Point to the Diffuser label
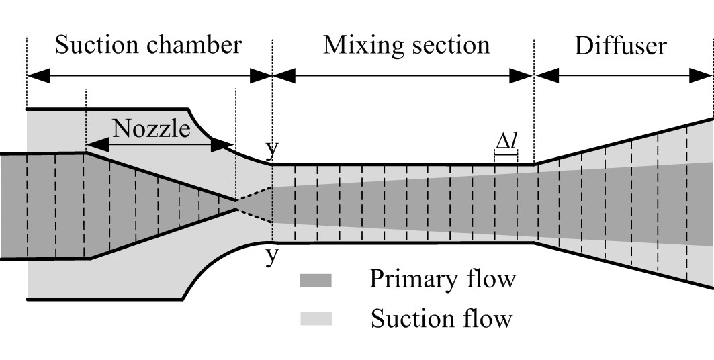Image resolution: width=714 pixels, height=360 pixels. point(621,46)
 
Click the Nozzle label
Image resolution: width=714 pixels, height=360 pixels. point(152,128)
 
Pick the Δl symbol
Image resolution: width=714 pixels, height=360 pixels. point(506,142)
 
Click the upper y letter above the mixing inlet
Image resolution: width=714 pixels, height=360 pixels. point(272,150)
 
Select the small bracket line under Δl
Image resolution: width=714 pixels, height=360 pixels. point(506,156)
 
